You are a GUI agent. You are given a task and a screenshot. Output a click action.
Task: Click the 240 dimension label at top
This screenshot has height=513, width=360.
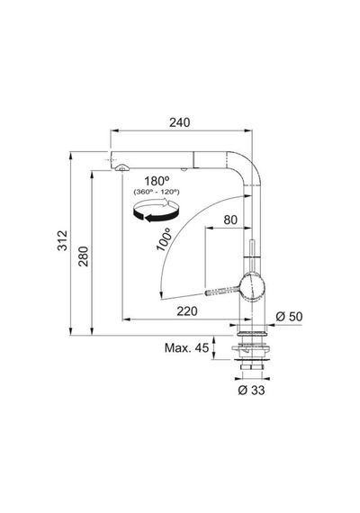point(179,122)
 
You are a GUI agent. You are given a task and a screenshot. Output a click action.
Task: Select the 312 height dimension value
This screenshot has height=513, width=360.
point(62,240)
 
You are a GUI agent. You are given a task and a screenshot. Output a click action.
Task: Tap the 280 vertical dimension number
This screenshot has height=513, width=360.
point(84,256)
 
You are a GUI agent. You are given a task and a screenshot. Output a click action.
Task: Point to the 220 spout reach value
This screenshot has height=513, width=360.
point(187,311)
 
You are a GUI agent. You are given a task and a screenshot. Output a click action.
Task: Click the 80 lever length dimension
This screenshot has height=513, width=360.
point(230,220)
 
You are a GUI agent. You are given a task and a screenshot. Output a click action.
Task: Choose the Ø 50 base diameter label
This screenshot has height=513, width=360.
point(289,317)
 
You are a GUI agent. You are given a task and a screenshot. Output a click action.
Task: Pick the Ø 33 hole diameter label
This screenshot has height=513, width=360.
point(251,390)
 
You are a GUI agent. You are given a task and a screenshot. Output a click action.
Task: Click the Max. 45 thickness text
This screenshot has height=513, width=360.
point(186,347)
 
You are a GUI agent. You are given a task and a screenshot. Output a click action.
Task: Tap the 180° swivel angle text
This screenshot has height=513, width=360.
point(157,181)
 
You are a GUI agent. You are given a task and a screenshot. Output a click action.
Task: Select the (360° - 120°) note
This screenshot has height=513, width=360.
point(157,192)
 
